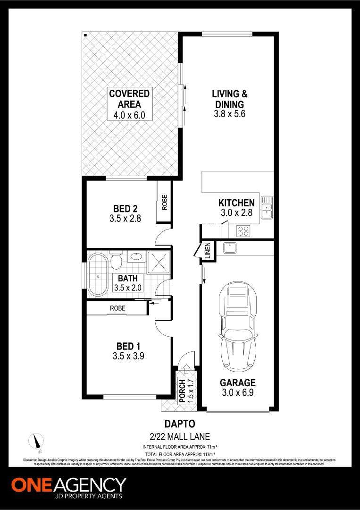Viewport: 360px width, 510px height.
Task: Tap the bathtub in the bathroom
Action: tap(98, 275)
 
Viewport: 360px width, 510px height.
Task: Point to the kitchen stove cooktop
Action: tap(243, 231)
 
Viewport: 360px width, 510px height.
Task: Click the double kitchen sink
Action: tap(268, 207)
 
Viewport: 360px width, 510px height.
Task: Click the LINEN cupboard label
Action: tap(207, 251)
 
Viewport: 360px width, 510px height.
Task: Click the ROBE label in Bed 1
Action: tap(117, 308)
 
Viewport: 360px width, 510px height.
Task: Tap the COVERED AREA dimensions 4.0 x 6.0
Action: tap(129, 115)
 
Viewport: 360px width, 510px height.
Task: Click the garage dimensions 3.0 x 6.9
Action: tap(238, 392)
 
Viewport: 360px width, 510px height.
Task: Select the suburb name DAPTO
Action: tap(179, 424)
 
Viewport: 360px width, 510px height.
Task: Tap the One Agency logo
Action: tap(69, 488)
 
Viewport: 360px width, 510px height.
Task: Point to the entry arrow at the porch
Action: tap(185, 368)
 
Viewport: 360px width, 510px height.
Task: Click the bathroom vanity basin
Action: tap(136, 257)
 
